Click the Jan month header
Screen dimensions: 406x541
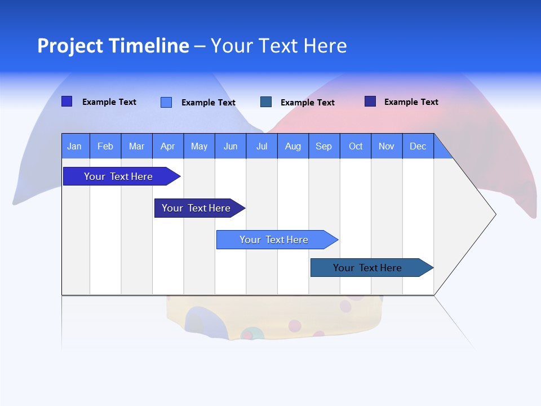tap(74, 147)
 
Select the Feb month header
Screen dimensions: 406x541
tap(105, 147)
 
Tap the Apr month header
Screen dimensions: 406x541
tap(167, 147)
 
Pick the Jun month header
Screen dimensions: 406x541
tap(230, 147)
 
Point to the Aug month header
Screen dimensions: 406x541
tap(292, 147)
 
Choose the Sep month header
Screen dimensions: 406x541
tap(323, 147)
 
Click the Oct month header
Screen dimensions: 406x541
tap(356, 147)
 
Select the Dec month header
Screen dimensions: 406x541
tap(418, 147)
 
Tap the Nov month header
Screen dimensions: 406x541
tap(387, 147)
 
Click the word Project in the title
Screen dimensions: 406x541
tap(70, 46)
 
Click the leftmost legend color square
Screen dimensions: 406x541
tap(66, 101)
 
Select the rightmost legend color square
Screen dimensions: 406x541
tap(370, 101)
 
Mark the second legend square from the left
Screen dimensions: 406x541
tap(166, 102)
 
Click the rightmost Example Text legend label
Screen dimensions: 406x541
tap(411, 102)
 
